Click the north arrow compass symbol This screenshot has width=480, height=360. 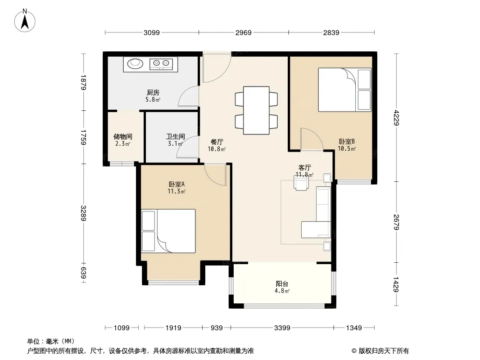[25, 21]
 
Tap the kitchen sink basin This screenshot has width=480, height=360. [135, 63]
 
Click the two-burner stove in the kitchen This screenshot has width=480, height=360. [161, 63]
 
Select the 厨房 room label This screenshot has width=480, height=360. [153, 92]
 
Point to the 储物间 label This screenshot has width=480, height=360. [123, 136]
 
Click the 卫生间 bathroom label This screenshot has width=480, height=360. [176, 136]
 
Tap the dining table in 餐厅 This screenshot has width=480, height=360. [256, 110]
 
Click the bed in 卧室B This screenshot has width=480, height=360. [345, 90]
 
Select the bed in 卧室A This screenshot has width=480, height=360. [168, 231]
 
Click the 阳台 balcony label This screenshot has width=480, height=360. [281, 283]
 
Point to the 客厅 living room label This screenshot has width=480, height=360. [304, 167]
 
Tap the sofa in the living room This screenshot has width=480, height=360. [317, 212]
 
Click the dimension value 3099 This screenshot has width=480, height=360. [152, 32]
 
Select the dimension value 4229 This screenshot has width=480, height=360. [396, 117]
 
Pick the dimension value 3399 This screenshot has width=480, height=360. [282, 328]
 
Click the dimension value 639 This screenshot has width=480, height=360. [83, 273]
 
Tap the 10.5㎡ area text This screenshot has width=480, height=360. [347, 148]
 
